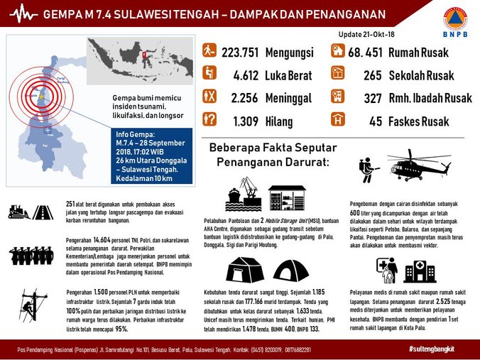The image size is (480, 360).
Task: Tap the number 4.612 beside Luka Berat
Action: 244,75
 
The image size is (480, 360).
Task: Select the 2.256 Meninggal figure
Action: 244,98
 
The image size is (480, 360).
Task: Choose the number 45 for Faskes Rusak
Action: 376,121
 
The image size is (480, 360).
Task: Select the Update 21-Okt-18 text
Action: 366,34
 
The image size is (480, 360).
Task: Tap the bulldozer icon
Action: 18,211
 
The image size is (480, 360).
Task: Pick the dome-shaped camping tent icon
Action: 291,271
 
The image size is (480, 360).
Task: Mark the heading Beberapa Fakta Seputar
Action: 268,147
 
